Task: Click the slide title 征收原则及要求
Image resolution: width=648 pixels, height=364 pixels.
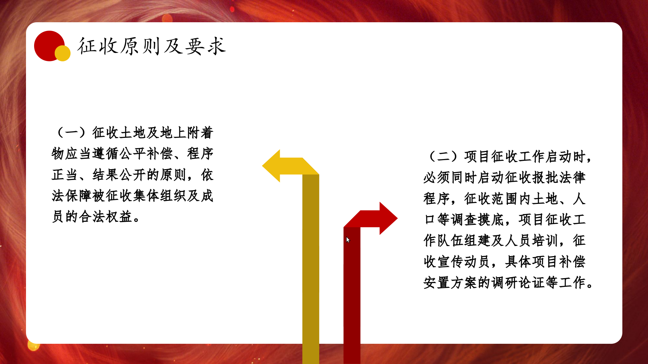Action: [152, 46]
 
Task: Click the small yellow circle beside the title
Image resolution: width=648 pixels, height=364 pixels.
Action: [63, 53]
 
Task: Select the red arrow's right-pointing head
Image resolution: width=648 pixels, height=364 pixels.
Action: [388, 218]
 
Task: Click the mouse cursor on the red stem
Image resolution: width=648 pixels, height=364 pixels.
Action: [348, 240]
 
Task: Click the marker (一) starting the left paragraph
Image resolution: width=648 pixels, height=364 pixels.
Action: [72, 132]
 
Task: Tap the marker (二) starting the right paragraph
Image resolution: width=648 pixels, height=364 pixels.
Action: [443, 156]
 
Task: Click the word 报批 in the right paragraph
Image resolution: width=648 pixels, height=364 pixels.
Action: [545, 177]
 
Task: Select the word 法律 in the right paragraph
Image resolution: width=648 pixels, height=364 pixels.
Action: [572, 177]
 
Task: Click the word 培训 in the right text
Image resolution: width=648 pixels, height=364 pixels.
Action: [545, 240]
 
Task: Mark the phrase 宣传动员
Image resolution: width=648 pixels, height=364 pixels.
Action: [464, 261]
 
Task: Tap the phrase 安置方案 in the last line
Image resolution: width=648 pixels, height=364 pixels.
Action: [450, 282]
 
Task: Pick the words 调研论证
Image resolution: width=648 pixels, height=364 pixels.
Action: [518, 282]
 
